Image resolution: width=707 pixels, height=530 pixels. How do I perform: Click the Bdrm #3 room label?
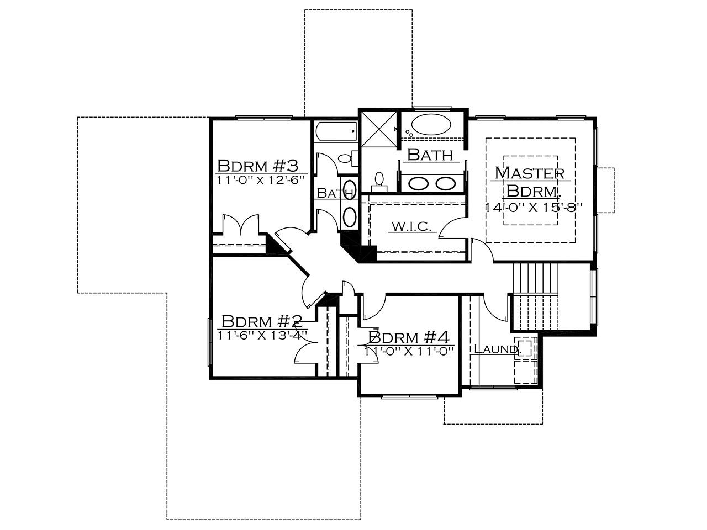pos(258,166)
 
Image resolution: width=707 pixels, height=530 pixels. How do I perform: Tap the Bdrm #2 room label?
pos(262,321)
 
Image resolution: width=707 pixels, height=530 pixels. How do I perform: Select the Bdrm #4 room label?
pos(409,337)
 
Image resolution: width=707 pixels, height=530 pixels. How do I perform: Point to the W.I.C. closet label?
pos(411,226)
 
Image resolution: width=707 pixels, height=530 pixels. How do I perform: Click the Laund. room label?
pos(497,349)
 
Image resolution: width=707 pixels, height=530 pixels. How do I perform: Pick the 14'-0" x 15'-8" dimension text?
pos(534,207)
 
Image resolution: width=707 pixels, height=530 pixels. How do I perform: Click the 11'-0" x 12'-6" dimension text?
pos(260,180)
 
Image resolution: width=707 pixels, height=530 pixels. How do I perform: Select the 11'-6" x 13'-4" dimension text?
pos(262,335)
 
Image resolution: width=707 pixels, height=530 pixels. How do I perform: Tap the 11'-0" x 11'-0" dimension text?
pos(409,352)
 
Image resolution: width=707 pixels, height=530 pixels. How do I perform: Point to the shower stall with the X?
pos(378,129)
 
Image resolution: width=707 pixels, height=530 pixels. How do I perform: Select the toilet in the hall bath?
pos(347,158)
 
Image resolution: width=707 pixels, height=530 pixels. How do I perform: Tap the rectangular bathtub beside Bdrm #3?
pos(336,131)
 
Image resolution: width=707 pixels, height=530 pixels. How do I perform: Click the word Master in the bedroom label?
pos(530,173)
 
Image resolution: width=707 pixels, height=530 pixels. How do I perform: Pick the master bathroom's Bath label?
pos(430,155)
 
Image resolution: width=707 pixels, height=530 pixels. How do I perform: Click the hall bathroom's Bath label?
pos(335,193)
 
